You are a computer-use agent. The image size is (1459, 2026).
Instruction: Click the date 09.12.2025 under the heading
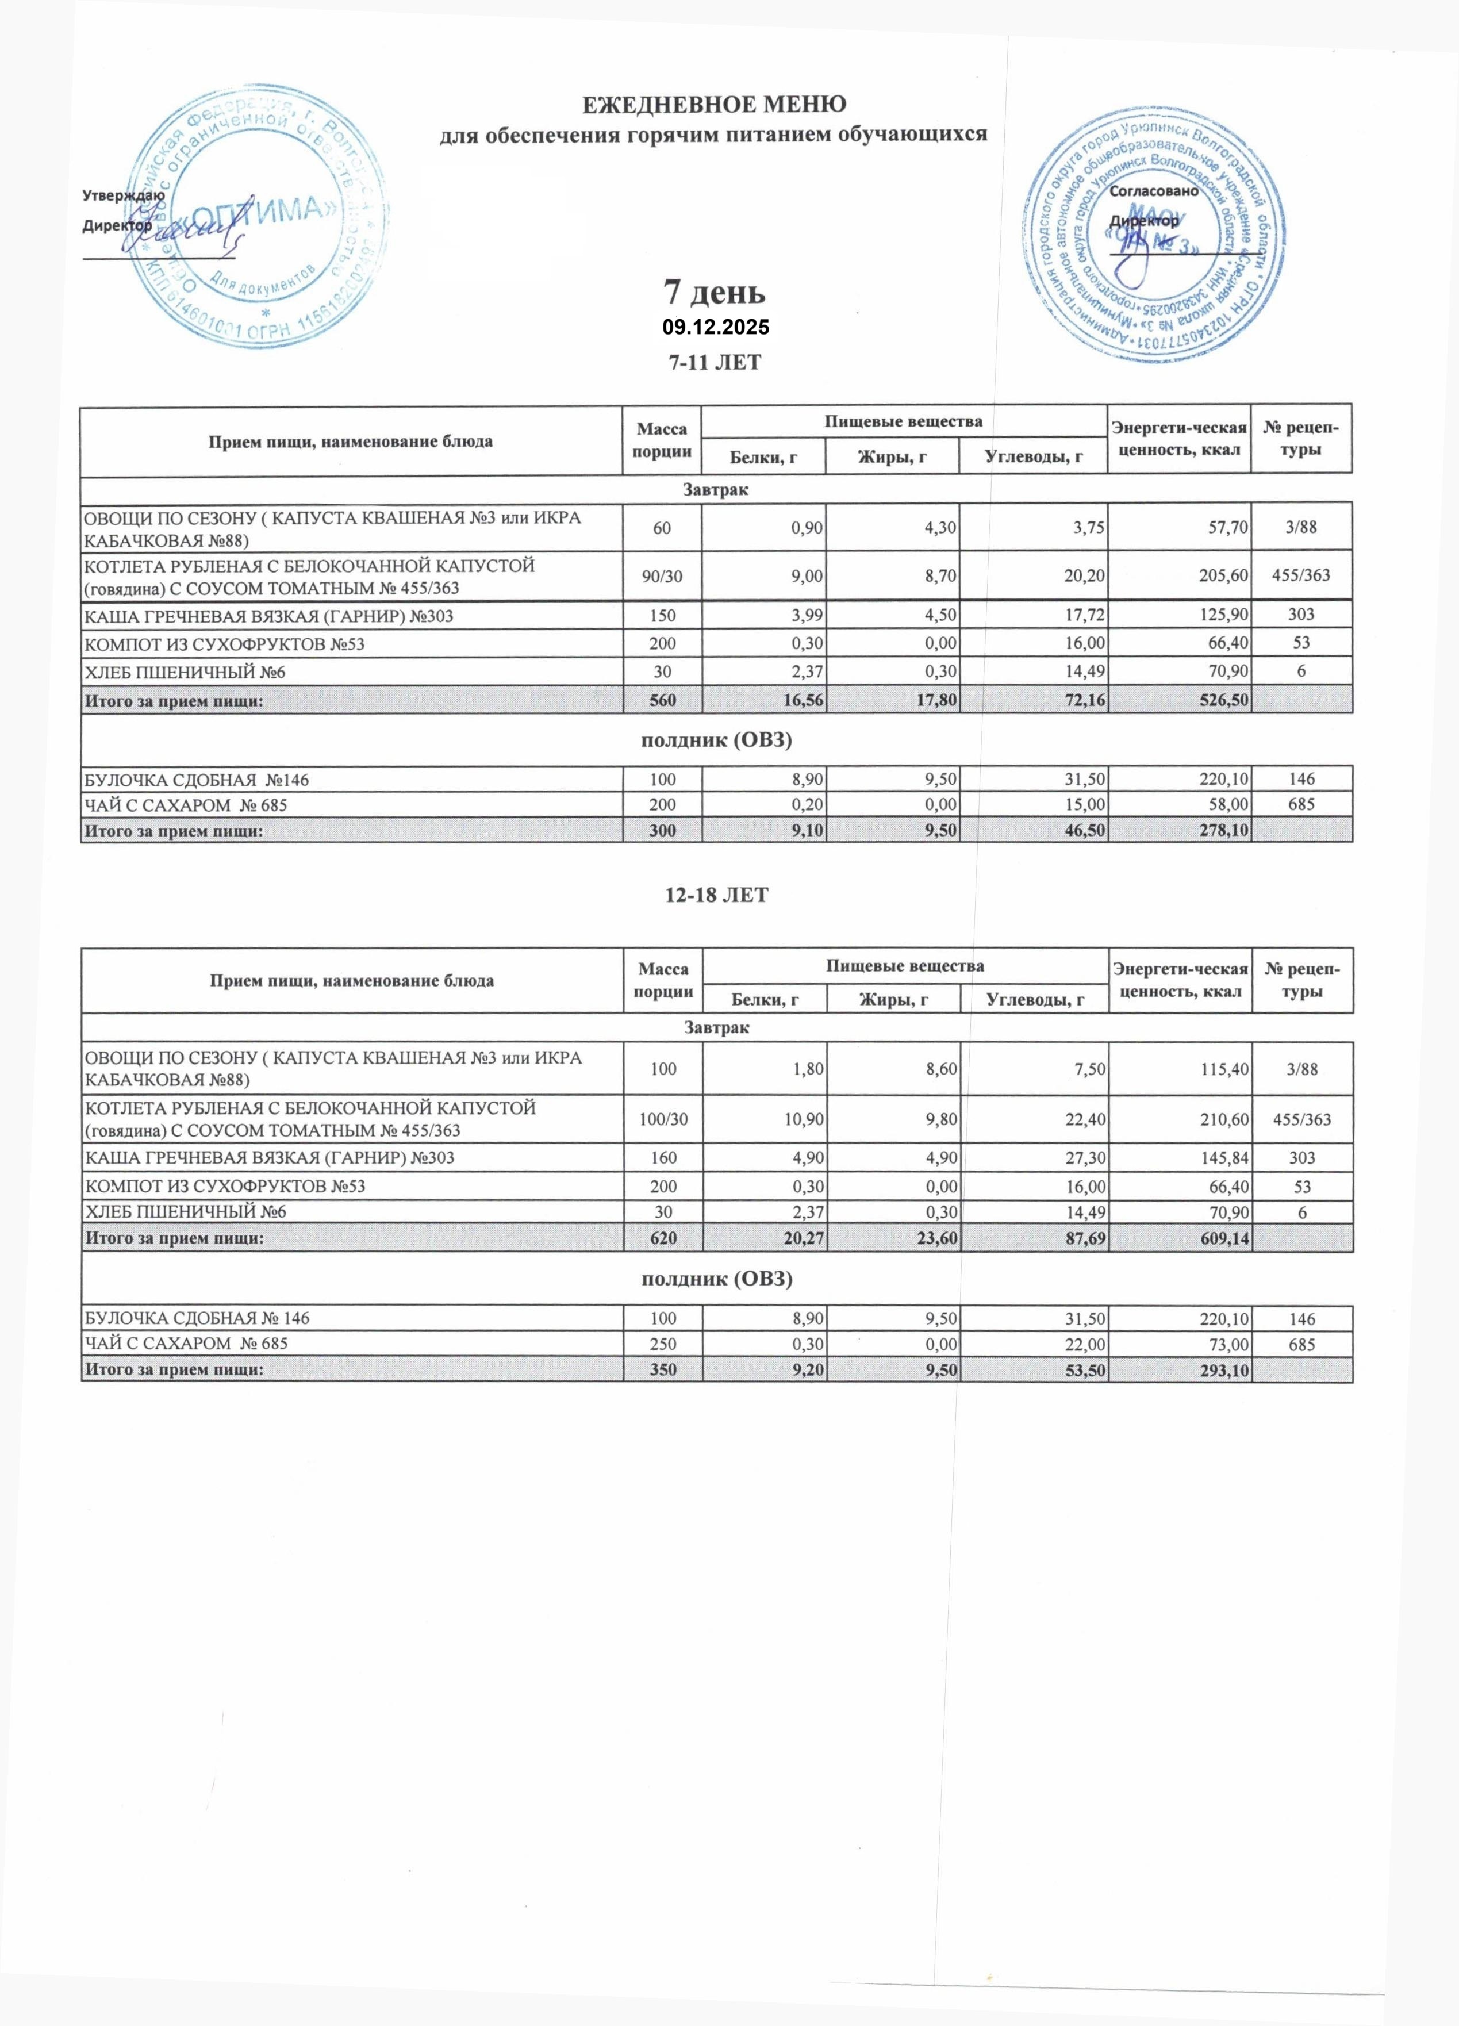(x=715, y=328)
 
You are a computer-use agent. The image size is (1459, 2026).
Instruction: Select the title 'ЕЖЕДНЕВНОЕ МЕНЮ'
(x=714, y=105)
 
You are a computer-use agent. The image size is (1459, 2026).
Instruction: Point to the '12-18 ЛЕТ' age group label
(x=715, y=895)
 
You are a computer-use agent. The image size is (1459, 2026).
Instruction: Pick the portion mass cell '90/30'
(x=662, y=576)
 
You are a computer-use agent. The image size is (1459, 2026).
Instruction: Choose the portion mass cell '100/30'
(x=662, y=1119)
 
